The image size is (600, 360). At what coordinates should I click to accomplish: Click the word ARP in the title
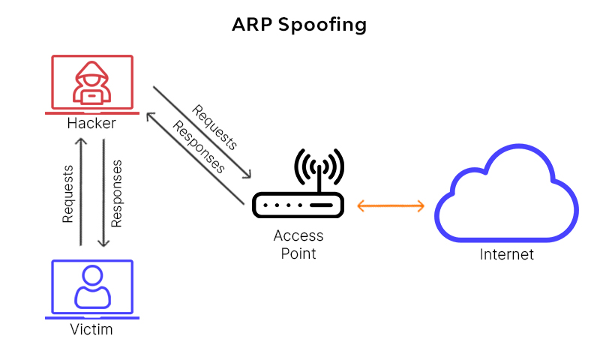(x=253, y=25)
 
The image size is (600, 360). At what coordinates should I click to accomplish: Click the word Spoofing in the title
(x=322, y=25)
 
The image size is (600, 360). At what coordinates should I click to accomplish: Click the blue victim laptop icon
(x=92, y=289)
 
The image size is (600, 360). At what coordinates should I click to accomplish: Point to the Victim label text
(x=91, y=328)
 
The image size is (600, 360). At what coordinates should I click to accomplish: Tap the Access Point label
(x=298, y=244)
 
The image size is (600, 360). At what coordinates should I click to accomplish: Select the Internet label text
(x=507, y=255)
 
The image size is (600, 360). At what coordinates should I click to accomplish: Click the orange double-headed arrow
(x=391, y=205)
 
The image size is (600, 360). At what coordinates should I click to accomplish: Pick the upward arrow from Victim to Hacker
(x=80, y=191)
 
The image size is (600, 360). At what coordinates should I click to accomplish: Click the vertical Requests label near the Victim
(x=67, y=194)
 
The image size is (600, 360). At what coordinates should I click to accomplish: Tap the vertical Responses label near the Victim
(x=117, y=193)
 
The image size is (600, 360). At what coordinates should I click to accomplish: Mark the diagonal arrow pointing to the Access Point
(x=202, y=133)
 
